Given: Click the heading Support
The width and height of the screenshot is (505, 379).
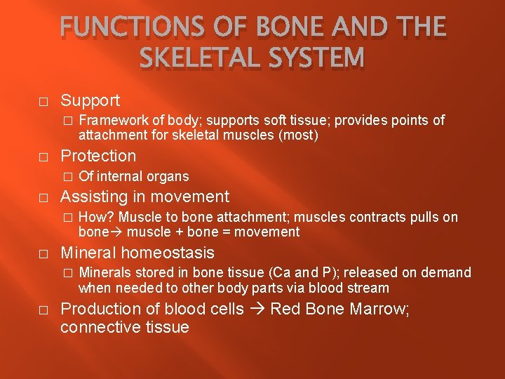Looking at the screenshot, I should pos(90,100).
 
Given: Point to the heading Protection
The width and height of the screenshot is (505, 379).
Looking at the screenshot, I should pos(98,156).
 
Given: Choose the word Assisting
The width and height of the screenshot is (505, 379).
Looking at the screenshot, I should pos(95,197).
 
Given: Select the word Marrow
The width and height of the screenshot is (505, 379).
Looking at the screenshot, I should pos(376,309).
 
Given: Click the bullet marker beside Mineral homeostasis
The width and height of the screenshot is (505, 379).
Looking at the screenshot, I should pos(43,253).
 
